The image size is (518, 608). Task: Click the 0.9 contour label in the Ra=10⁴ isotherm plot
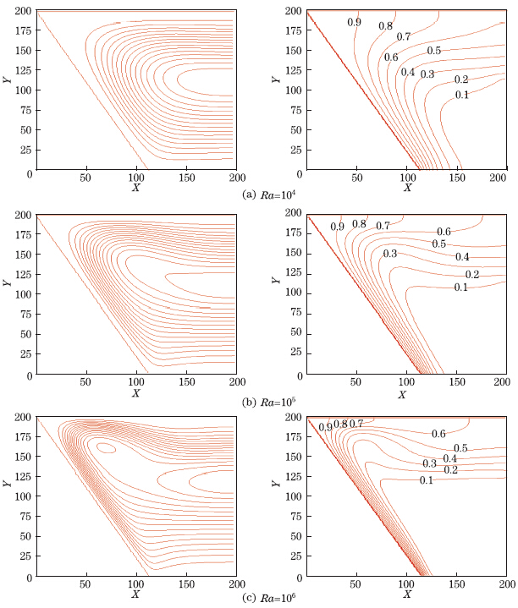point(354,22)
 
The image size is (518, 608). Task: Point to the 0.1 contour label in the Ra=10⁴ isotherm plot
point(461,94)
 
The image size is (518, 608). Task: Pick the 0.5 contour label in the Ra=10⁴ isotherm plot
point(433,51)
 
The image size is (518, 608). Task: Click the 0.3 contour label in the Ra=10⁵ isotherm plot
point(390,254)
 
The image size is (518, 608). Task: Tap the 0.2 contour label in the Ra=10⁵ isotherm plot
point(472,275)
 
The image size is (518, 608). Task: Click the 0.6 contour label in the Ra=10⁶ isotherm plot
point(438,434)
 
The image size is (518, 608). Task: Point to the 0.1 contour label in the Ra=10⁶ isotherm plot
point(427,480)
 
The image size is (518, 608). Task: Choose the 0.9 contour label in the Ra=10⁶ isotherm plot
point(325,427)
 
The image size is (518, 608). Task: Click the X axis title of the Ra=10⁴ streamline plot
point(135,187)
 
